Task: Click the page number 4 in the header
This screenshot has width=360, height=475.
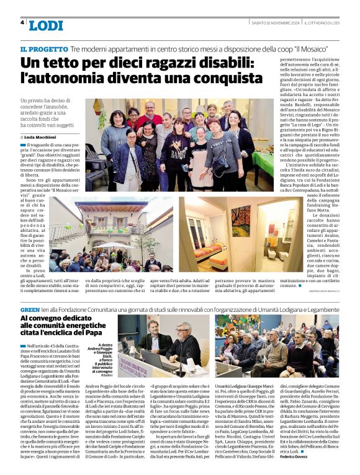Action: pyautogui.click(x=22, y=22)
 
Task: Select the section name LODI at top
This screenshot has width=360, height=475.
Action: pyautogui.click(x=46, y=25)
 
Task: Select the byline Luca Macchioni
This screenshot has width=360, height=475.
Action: pyautogui.click(x=42, y=136)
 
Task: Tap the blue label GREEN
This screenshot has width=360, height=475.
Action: pyautogui.click(x=30, y=308)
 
